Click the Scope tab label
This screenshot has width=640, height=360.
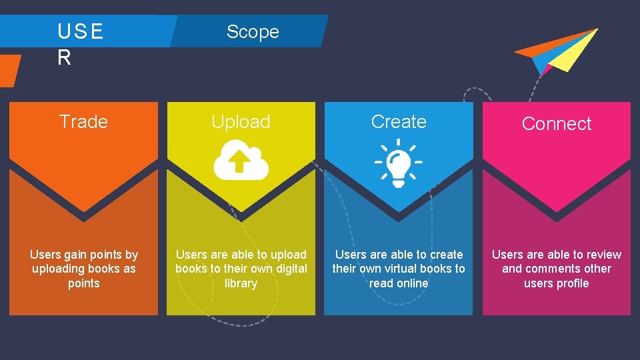pos(253,31)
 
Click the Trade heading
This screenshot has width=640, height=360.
pos(83,121)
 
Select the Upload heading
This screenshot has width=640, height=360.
pos(241,121)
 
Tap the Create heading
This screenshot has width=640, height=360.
pos(399,121)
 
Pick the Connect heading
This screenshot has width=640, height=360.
pos(556,123)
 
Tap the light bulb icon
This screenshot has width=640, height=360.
pos(399,162)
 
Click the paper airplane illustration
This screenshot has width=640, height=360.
pos(559,51)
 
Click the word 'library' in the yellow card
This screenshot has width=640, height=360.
pos(241,283)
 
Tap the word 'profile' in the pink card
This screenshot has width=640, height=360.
pos(573,283)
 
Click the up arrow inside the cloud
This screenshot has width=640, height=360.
pos(241,161)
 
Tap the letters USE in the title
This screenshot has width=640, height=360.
pos(81,31)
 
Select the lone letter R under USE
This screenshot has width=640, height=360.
pos(64,58)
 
